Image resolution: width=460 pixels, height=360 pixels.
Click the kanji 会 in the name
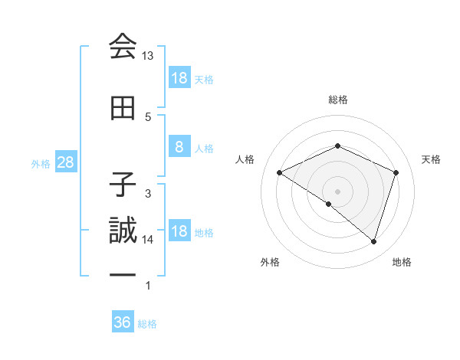(x=122, y=47)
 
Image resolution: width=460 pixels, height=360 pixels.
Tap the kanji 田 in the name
(x=122, y=109)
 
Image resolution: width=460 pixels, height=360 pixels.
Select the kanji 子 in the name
(x=122, y=181)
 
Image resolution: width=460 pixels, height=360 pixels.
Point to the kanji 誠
(x=122, y=231)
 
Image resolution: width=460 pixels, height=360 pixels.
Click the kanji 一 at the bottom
(x=122, y=273)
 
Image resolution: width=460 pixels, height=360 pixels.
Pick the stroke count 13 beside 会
(x=148, y=56)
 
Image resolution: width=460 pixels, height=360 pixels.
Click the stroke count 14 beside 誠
(x=148, y=240)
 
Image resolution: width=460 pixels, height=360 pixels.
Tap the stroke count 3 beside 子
(x=148, y=193)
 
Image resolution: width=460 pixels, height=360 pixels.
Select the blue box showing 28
(x=65, y=163)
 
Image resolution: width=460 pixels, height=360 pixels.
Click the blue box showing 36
(x=123, y=322)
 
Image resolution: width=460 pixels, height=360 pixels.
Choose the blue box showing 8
(x=179, y=147)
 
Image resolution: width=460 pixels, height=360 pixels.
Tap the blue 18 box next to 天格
(x=179, y=77)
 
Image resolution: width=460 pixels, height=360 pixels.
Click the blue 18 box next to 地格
(x=179, y=232)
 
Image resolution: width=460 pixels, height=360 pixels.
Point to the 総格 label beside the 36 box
(x=147, y=324)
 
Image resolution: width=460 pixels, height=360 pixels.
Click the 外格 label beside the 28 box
(x=41, y=164)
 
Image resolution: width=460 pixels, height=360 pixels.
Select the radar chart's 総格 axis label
(x=338, y=100)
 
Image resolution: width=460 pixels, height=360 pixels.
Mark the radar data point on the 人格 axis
(x=280, y=173)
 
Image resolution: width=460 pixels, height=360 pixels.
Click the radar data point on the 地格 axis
(x=373, y=241)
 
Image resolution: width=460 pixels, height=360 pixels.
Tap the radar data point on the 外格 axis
(x=329, y=204)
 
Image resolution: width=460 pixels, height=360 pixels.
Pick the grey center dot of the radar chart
(x=337, y=191)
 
